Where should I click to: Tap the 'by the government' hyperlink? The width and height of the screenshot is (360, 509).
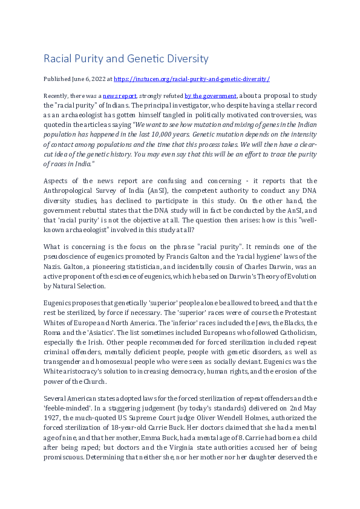(x=211, y=96)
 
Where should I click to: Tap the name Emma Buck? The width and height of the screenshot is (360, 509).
(x=139, y=441)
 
